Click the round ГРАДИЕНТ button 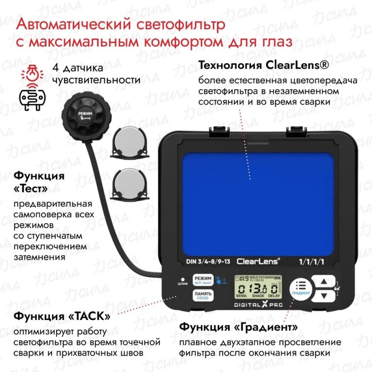tap(299, 288)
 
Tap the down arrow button tap(324, 295)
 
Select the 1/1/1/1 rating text tap(311, 261)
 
